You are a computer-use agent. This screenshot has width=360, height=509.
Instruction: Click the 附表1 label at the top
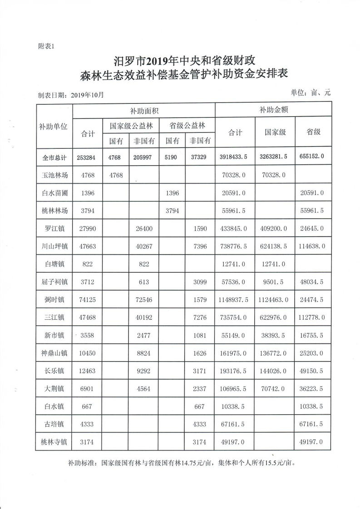pyautogui.click(x=47, y=46)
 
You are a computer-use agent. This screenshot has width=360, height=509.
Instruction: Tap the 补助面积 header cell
pyautogui.click(x=143, y=110)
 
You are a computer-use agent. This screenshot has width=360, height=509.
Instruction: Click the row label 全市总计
pyautogui.click(x=54, y=158)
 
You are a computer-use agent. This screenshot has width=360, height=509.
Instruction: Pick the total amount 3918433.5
pyautogui.click(x=234, y=158)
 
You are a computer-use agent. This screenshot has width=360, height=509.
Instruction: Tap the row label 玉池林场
pyautogui.click(x=54, y=175)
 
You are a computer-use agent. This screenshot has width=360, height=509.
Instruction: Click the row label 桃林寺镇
pyautogui.click(x=54, y=441)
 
